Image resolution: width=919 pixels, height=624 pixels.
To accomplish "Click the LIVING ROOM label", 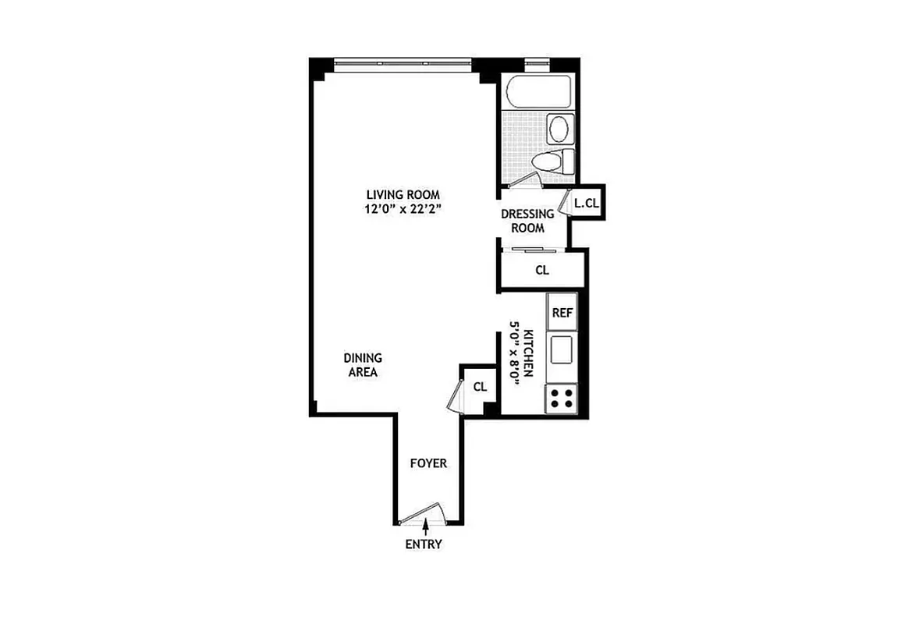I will click(x=404, y=194).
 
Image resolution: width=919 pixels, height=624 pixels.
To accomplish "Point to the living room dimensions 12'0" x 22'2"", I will click(x=404, y=209).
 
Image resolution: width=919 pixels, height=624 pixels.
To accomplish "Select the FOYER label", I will click(x=429, y=463).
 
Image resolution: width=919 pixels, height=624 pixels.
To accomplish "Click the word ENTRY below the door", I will click(x=424, y=544).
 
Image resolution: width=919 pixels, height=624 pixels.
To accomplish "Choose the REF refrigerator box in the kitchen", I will click(x=562, y=312).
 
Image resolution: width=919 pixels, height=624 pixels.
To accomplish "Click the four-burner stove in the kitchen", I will click(x=562, y=398).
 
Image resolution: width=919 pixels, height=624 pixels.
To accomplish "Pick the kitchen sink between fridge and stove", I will click(x=562, y=349).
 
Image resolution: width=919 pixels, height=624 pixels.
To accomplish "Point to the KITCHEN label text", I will click(x=528, y=353).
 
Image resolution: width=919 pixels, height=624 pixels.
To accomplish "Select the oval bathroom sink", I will click(x=559, y=127).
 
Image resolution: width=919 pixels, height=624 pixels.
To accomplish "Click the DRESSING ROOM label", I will click(x=527, y=221).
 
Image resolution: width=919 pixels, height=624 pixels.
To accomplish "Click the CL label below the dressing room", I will click(x=542, y=271).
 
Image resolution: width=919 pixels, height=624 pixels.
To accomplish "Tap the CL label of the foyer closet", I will click(x=481, y=386).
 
